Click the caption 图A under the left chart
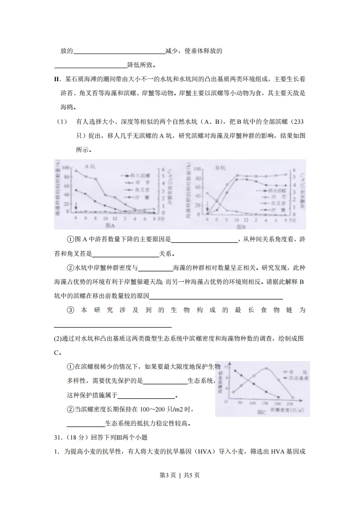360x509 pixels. coord(109,225)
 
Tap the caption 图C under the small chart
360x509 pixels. coord(261,412)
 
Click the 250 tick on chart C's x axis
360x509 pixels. coord(290,403)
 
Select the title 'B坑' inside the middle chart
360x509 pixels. coord(220,168)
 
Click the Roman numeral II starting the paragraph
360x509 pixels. coord(57,79)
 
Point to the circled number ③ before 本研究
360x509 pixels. coord(70,310)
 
